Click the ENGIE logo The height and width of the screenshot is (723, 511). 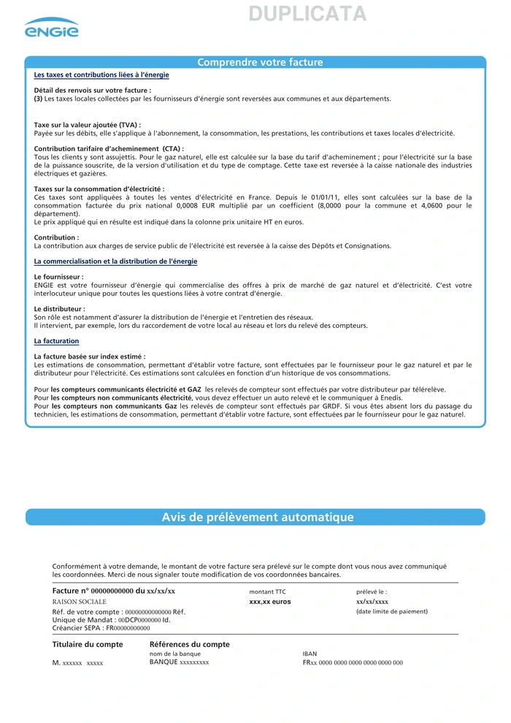coord(51,28)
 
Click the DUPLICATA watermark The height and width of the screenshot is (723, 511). coord(307,14)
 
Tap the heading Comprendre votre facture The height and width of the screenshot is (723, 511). coord(260,63)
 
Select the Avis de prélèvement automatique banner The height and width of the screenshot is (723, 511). coord(258,518)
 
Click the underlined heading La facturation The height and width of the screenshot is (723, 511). coord(57,341)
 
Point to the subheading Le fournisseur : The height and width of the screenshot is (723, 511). coord(59,277)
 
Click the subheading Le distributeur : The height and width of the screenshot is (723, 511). coord(60,309)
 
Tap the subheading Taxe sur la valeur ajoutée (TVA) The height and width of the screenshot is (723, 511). coord(88,125)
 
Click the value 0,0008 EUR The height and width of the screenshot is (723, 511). coord(182,205)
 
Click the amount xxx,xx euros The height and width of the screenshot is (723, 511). coord(270,602)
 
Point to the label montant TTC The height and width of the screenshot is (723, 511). coord(268,592)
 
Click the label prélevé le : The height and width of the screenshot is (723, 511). coord(372,592)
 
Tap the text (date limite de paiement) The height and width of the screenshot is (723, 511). coord(392,611)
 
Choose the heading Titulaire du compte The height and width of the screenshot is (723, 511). coord(88,644)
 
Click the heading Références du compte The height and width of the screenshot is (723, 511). coord(190,644)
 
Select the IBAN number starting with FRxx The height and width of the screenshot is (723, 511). coord(353,662)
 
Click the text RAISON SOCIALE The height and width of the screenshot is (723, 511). coord(80,601)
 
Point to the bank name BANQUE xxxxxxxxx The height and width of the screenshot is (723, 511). coord(180,662)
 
